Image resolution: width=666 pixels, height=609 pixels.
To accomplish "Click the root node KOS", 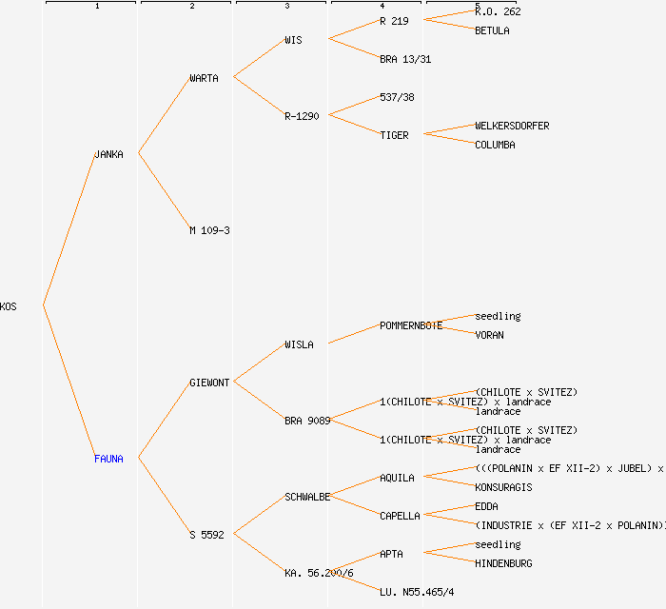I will click(x=9, y=306).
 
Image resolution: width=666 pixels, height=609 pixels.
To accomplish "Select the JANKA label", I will click(x=108, y=154).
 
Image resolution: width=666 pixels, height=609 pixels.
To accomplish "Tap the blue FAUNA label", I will click(x=108, y=459).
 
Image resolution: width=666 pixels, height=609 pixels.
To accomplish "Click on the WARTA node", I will click(x=204, y=78).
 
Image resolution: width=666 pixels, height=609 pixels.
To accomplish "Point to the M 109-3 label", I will click(x=209, y=230).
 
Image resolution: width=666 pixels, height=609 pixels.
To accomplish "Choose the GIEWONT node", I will click(x=209, y=383).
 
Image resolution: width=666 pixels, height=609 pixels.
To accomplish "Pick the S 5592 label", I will click(x=206, y=535).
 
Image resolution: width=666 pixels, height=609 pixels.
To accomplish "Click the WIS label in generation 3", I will click(x=293, y=40).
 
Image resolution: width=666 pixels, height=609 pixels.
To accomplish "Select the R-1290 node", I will click(x=302, y=116).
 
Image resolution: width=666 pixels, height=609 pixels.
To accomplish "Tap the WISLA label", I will click(x=299, y=344).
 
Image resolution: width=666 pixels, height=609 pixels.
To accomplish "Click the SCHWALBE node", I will click(x=307, y=497).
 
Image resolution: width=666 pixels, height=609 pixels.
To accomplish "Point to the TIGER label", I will click(x=394, y=135).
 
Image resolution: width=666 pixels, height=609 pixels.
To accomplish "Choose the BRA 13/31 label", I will click(x=405, y=59).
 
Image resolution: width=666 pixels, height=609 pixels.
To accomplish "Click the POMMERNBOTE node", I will click(x=411, y=325).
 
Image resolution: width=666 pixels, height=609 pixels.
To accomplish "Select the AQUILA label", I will click(x=397, y=478).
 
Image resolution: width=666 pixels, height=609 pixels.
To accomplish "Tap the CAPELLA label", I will click(x=400, y=516).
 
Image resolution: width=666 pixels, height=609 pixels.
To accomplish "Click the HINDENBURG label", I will click(x=503, y=563).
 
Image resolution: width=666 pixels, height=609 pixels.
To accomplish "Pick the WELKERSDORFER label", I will click(x=512, y=126).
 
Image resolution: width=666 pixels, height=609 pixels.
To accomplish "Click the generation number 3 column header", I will click(x=287, y=7).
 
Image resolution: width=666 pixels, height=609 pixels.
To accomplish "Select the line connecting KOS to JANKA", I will click(x=69, y=229).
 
